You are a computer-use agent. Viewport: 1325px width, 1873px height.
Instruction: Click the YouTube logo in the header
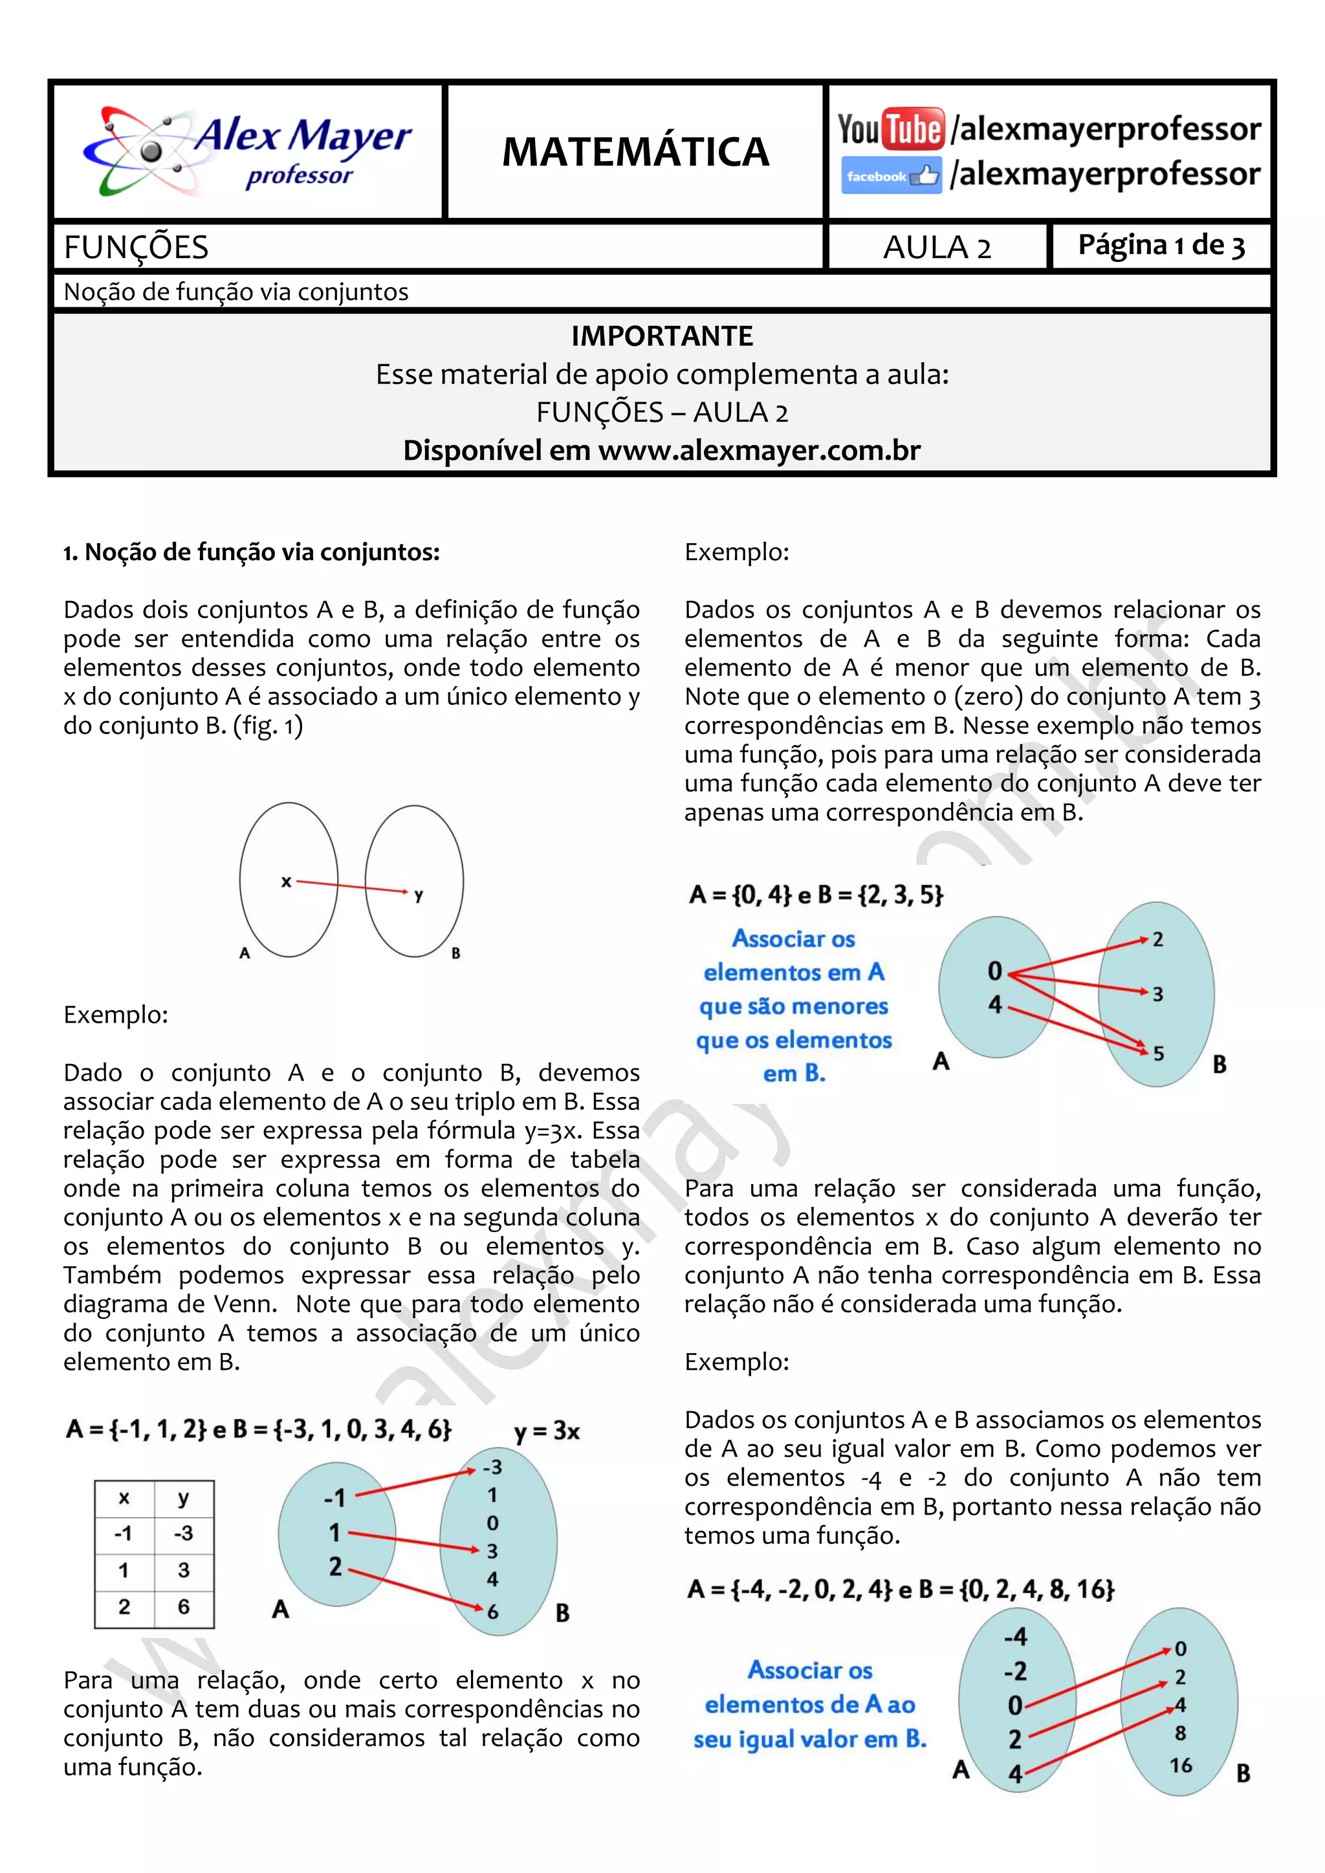pyautogui.click(x=891, y=129)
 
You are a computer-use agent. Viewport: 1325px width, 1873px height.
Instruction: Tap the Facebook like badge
pyautogui.click(x=891, y=175)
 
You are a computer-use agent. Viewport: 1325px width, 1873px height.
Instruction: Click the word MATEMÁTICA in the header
pyautogui.click(x=635, y=152)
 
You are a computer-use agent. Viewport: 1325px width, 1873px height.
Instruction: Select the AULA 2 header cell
pyautogui.click(x=937, y=247)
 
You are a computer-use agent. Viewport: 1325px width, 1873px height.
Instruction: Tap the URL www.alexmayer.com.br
pyautogui.click(x=759, y=450)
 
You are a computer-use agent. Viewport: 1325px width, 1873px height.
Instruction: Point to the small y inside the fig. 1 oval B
pyautogui.click(x=419, y=896)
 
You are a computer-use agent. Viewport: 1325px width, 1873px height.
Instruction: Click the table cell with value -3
pyautogui.click(x=184, y=1533)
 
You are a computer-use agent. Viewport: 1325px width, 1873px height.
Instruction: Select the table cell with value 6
pyautogui.click(x=184, y=1607)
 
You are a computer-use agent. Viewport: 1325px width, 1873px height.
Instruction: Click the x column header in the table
pyautogui.click(x=124, y=1498)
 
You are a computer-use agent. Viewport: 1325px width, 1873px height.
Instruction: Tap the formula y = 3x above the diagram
pyautogui.click(x=547, y=1431)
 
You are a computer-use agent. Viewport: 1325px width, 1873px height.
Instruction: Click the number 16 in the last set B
pyautogui.click(x=1181, y=1764)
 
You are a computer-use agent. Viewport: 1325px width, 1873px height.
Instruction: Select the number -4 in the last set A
pyautogui.click(x=1015, y=1636)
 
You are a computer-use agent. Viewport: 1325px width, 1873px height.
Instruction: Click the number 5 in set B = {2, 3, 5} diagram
pyautogui.click(x=1157, y=1053)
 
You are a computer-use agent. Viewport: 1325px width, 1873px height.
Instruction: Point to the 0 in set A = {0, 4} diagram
pyautogui.click(x=994, y=971)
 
